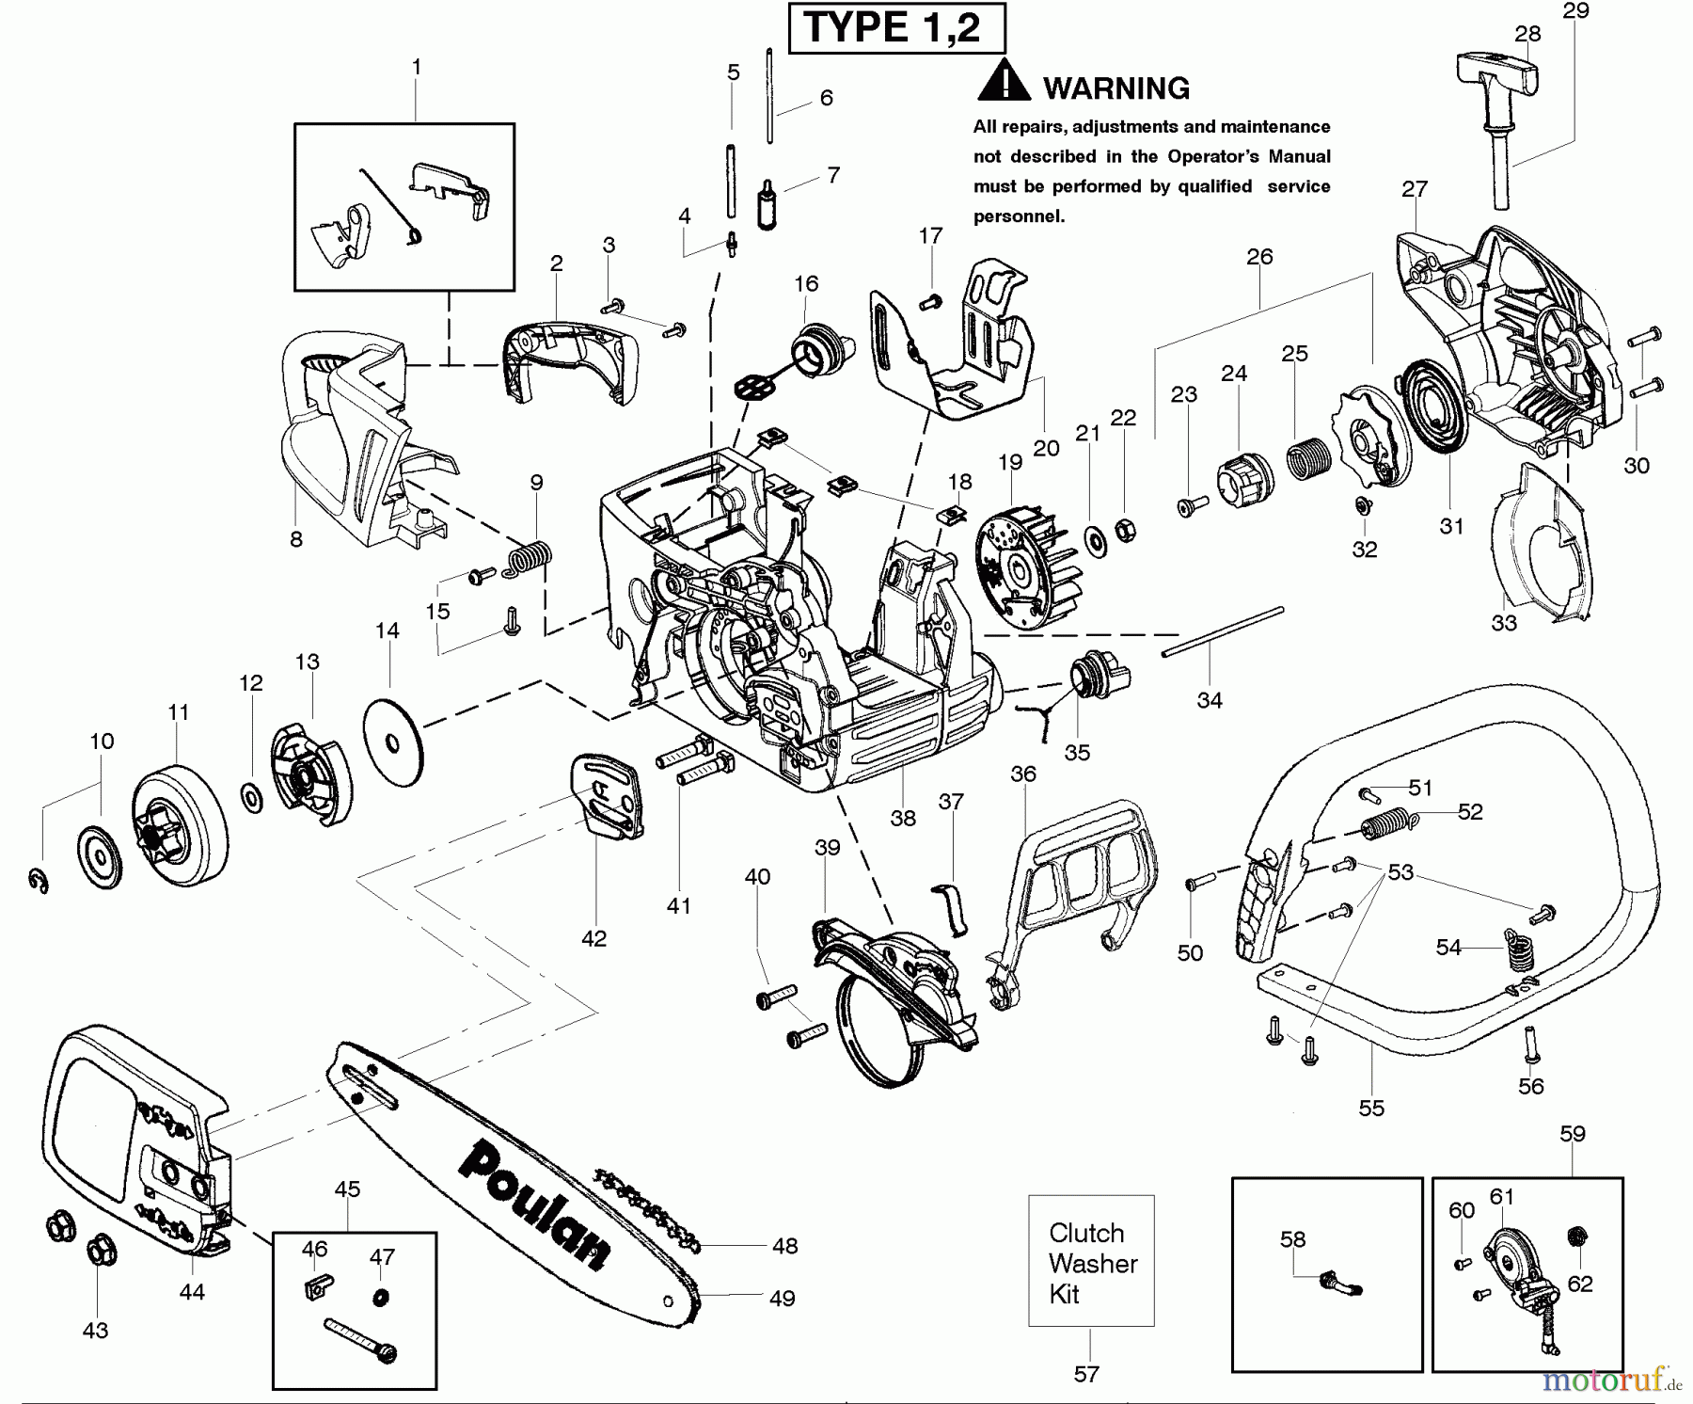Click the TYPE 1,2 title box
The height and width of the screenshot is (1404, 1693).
pyautogui.click(x=895, y=28)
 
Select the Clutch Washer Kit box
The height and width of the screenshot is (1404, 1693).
pyautogui.click(x=1091, y=1261)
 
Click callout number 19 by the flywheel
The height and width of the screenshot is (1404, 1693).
pyautogui.click(x=1010, y=462)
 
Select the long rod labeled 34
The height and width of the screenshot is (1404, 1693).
pyautogui.click(x=1223, y=631)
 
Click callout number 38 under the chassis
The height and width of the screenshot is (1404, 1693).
pyautogui.click(x=903, y=818)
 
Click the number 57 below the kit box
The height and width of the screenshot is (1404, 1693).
pyautogui.click(x=1086, y=1374)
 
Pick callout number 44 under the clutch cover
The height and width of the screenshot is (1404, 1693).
pyautogui.click(x=192, y=1292)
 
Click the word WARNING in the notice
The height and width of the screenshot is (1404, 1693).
pyautogui.click(x=1116, y=88)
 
